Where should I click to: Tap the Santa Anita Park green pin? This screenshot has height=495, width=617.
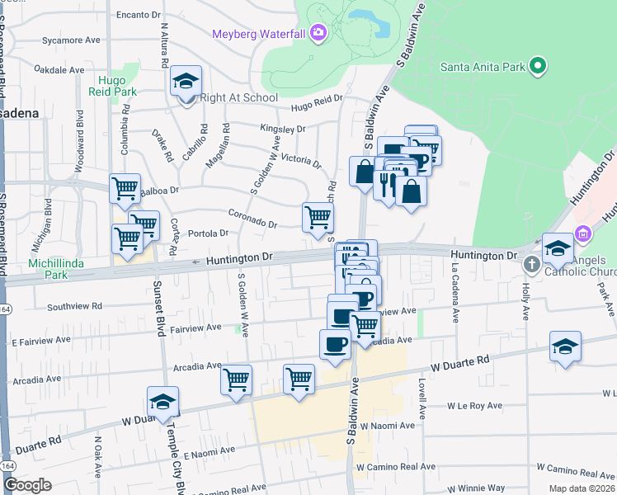click(x=538, y=66)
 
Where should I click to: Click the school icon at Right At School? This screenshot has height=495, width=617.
click(x=186, y=82)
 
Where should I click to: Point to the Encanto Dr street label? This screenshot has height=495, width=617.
click(x=138, y=15)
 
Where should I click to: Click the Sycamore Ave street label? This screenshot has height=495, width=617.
click(x=71, y=40)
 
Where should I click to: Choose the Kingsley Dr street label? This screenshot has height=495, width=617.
click(x=282, y=130)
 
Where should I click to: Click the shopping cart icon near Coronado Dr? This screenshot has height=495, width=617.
click(x=318, y=218)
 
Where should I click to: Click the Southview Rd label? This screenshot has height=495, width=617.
click(x=74, y=305)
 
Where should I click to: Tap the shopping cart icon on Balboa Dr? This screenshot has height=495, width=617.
click(x=125, y=188)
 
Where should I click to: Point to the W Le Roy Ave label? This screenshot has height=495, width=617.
click(x=474, y=406)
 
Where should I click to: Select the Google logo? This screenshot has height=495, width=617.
click(x=27, y=485)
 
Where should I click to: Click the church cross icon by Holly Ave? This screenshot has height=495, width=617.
click(x=531, y=263)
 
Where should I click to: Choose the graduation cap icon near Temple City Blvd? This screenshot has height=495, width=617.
click(x=162, y=402)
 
